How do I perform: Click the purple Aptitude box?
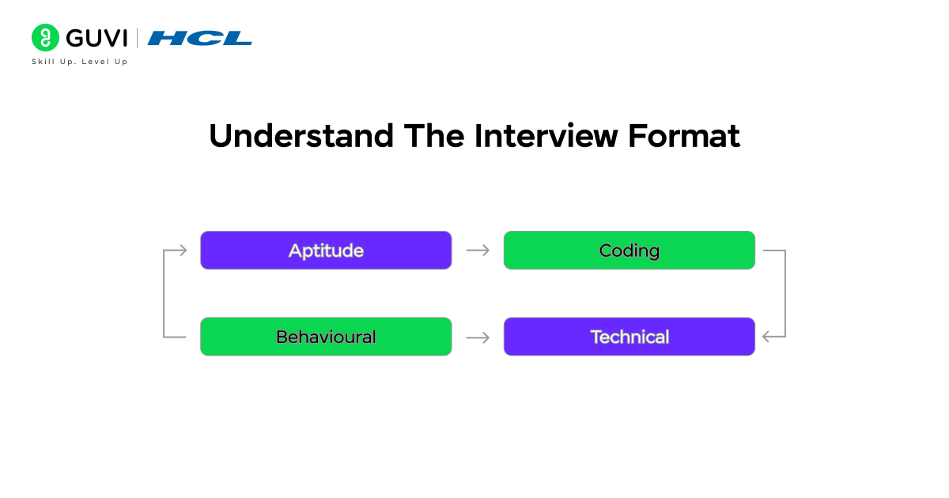click(x=326, y=251)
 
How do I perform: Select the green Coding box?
click(x=629, y=251)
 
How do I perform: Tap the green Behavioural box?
click(x=326, y=337)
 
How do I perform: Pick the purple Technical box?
click(x=629, y=337)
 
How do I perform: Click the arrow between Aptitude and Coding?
click(x=478, y=251)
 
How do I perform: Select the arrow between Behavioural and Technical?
click(x=478, y=338)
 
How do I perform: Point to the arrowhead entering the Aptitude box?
click(x=183, y=251)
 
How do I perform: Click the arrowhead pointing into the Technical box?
click(x=766, y=338)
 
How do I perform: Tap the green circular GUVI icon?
click(x=46, y=38)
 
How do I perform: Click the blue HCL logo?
click(x=199, y=38)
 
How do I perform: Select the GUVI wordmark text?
click(x=96, y=38)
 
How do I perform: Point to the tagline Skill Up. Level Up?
click(x=79, y=62)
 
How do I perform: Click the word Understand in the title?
click(x=301, y=137)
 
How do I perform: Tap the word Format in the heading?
click(x=684, y=137)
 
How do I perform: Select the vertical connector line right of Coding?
click(x=785, y=294)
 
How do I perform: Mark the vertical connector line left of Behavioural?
click(x=164, y=294)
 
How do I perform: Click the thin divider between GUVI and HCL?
click(x=138, y=38)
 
